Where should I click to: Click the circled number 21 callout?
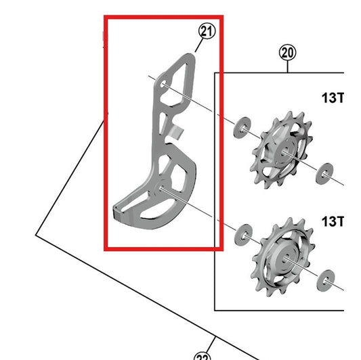pyautogui.click(x=206, y=30)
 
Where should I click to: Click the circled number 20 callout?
pyautogui.click(x=287, y=53)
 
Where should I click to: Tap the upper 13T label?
pyautogui.click(x=333, y=97)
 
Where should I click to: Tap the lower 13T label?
pyautogui.click(x=333, y=221)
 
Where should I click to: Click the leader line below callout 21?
pyautogui.click(x=199, y=45)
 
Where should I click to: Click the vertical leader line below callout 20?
pyautogui.click(x=287, y=66)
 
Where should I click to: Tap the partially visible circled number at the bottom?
pyautogui.click(x=203, y=356)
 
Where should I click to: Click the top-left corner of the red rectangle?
pyautogui.click(x=105, y=18)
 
